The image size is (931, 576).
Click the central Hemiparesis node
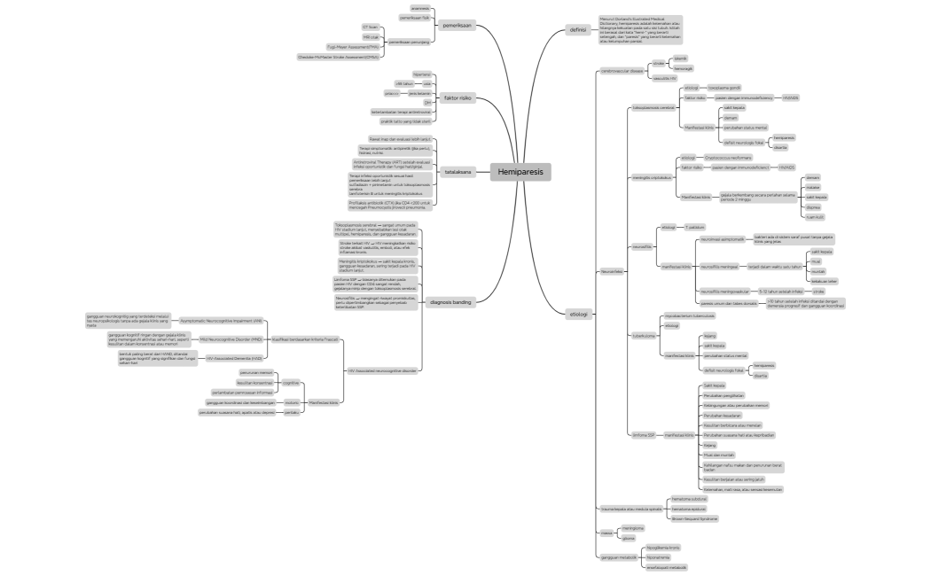click(x=520, y=171)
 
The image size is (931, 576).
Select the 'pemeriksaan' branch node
click(x=458, y=26)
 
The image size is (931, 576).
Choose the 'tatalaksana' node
click(x=458, y=171)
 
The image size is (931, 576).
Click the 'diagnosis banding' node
click(x=450, y=302)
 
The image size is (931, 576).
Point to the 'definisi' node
click(x=578, y=30)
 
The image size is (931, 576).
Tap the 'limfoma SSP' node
click(x=642, y=435)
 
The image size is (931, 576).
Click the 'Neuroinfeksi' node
click(x=612, y=271)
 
